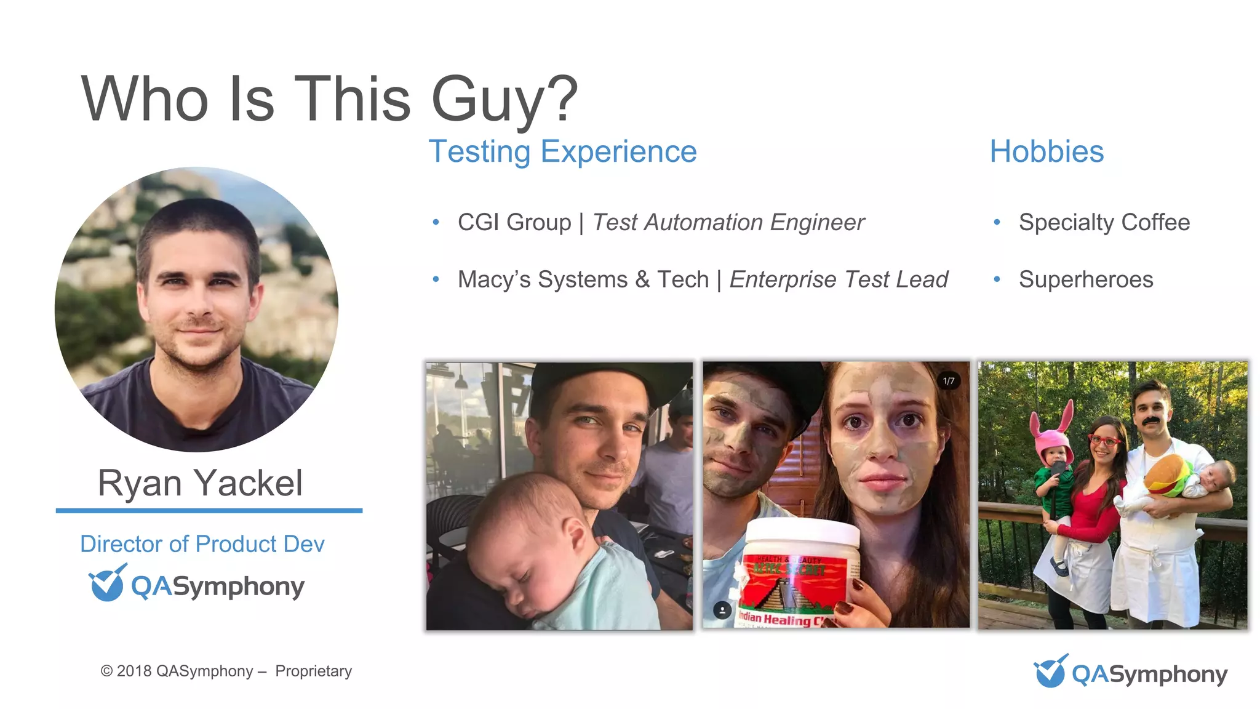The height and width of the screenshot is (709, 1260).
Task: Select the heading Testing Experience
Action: (562, 151)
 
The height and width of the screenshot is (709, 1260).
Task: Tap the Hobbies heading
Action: (1047, 151)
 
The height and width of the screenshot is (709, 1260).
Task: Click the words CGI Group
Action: (514, 222)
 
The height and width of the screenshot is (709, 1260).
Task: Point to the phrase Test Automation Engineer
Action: (728, 222)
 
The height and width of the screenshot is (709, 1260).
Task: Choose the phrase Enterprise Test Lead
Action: (839, 279)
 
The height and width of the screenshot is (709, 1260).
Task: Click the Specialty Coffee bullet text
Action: (1104, 222)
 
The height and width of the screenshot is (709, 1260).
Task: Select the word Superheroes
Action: (1086, 279)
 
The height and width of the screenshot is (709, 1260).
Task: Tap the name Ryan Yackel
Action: (200, 483)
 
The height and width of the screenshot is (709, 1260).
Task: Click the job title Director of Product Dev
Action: (202, 544)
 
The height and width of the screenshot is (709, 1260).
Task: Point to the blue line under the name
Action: (209, 510)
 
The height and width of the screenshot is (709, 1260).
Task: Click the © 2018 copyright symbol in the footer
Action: (106, 671)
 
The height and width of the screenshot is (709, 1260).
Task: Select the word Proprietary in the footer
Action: (313, 671)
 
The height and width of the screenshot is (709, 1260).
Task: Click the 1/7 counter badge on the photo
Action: (949, 381)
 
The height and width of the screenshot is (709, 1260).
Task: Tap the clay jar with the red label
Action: (800, 572)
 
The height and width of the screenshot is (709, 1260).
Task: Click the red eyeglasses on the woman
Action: (1104, 441)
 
